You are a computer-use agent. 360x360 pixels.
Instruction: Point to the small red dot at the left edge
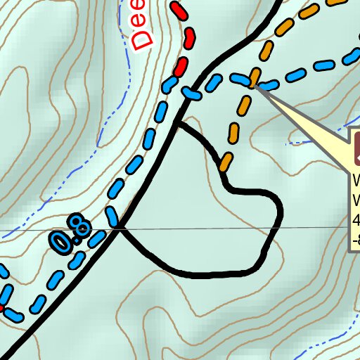tap(1, 308)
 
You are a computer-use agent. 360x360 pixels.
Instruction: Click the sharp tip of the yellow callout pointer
tap(257, 86)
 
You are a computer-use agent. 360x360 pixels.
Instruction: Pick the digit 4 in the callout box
tap(356, 220)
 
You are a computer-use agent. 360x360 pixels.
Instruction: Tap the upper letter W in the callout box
tap(356, 179)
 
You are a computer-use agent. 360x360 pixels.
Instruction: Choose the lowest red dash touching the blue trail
tap(181, 67)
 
